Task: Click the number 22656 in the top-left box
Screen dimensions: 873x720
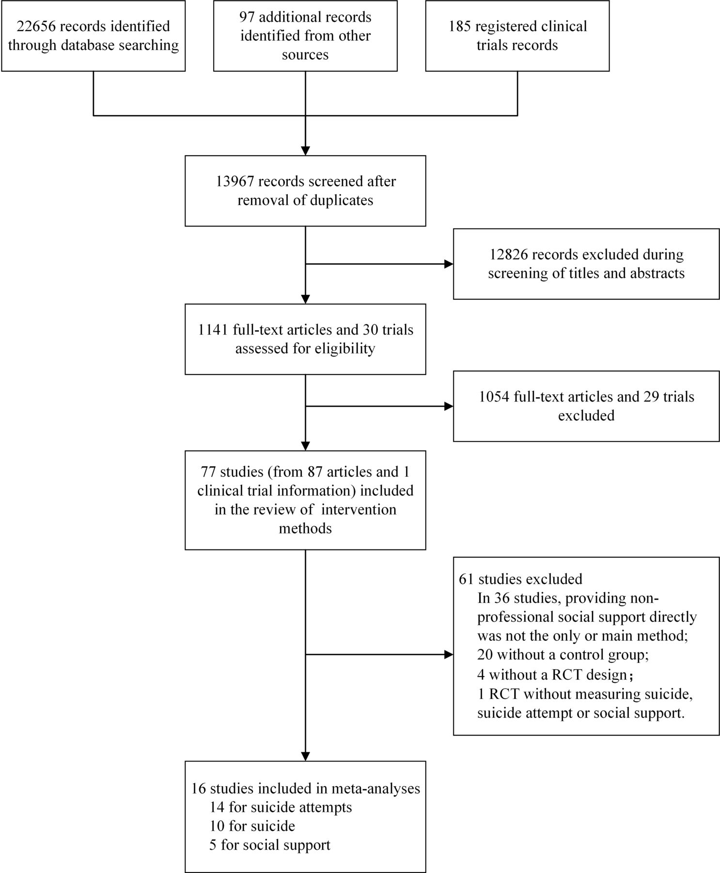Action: click(x=36, y=26)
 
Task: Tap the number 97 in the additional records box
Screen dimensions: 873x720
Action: click(x=248, y=17)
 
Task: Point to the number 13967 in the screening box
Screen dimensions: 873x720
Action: click(x=235, y=181)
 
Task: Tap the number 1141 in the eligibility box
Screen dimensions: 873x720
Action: click(x=213, y=330)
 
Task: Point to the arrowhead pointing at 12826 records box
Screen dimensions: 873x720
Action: click(x=449, y=264)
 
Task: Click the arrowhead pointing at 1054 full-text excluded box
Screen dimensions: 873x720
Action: click(x=449, y=406)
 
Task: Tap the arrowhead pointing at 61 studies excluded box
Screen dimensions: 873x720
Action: click(x=449, y=655)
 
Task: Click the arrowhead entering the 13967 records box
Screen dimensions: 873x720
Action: click(x=305, y=150)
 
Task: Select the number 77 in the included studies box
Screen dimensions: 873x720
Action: click(x=208, y=471)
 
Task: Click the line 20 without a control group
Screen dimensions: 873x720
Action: click(x=563, y=655)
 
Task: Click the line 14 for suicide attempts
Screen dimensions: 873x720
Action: click(x=281, y=807)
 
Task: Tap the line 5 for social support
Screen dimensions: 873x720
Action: click(x=270, y=845)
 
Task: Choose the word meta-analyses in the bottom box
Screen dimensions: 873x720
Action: click(x=376, y=788)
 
